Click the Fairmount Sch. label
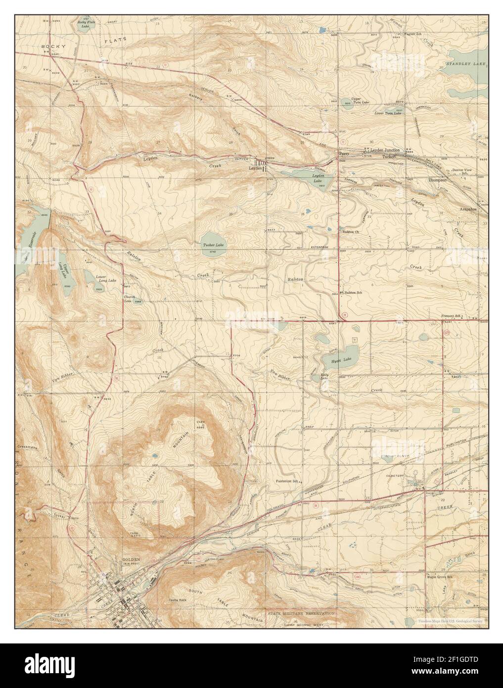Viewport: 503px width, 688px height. [287, 481]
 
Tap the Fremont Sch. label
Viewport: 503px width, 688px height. [451, 316]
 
